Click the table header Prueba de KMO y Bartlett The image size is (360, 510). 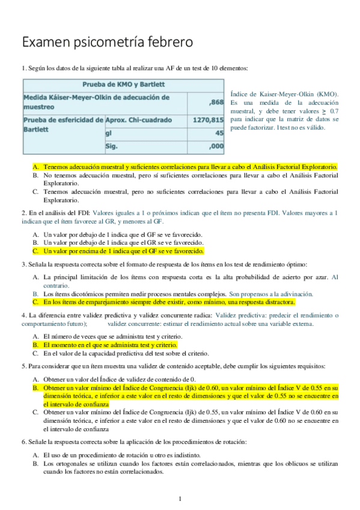123,84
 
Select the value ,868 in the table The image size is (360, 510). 215,102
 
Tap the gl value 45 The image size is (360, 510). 219,133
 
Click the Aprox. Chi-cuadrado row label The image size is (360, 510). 138,120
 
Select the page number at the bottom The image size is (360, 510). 180,499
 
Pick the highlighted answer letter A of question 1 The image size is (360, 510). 35,165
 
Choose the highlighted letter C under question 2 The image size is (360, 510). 35,251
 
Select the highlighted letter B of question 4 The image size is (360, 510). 35,345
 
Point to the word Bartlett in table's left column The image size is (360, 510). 38,129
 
